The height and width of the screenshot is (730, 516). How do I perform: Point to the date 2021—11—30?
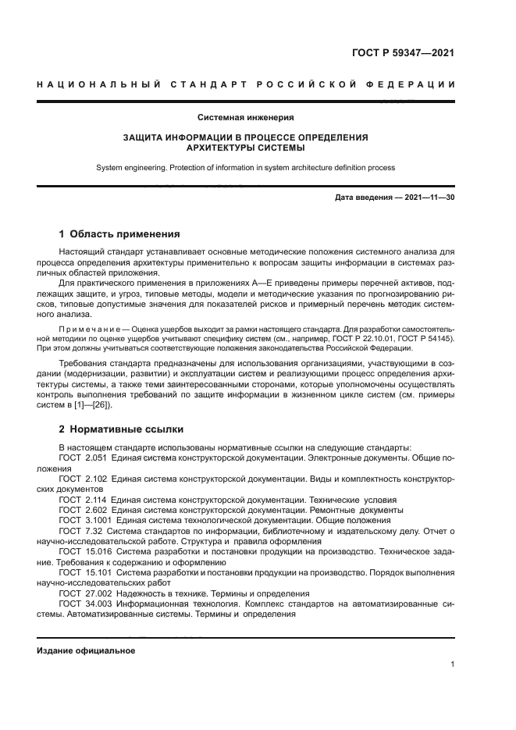click(429, 198)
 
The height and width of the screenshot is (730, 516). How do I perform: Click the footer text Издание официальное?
click(86, 650)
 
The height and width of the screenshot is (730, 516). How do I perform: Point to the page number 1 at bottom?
click(452, 664)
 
